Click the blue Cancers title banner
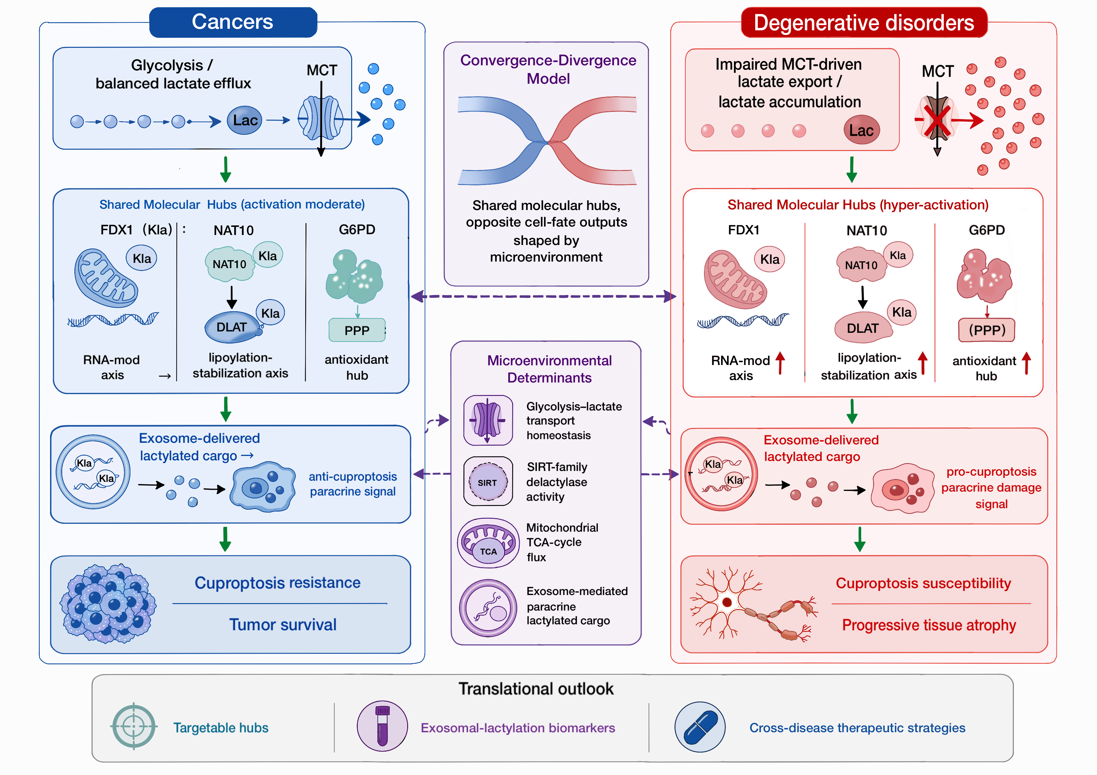233,22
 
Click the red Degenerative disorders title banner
864,22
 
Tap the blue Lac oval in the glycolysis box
245,120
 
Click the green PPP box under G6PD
357,330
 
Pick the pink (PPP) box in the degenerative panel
987,330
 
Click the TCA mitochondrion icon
488,543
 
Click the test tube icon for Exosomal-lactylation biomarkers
382,726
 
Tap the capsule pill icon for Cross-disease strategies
700,727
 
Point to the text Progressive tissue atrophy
929,625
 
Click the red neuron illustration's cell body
727,602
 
